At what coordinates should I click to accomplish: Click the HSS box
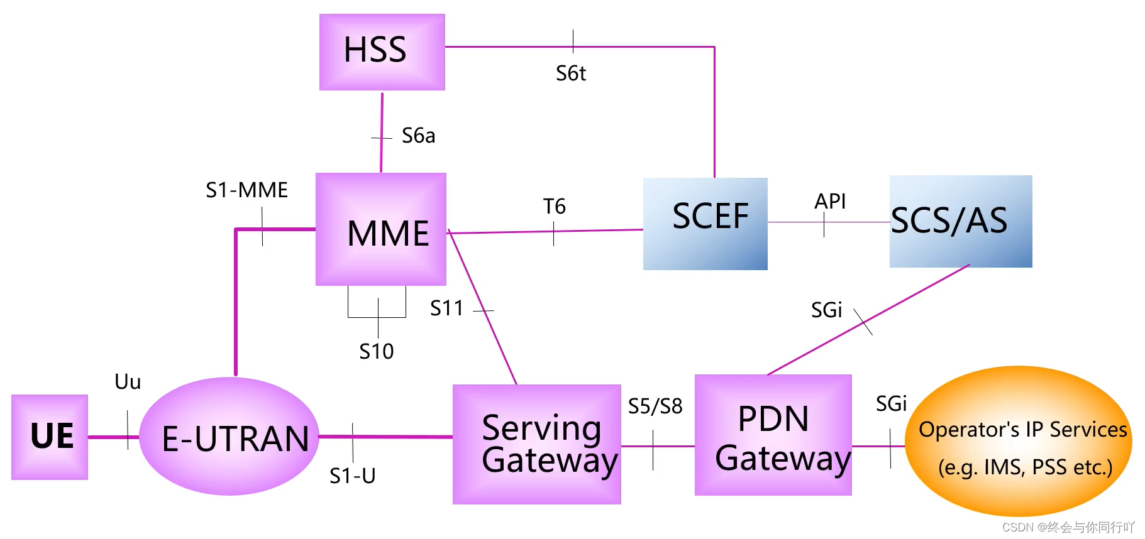382,52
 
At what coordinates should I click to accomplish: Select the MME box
381,229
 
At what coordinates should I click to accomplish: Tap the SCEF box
705,224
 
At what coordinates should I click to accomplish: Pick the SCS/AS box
960,221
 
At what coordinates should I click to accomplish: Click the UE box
50,437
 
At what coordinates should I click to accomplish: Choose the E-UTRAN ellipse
229,437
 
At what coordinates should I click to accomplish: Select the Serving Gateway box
536,444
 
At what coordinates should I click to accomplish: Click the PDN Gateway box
773,435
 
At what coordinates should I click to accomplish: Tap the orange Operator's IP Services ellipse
1018,441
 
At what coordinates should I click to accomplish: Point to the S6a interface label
418,136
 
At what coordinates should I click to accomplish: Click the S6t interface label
570,73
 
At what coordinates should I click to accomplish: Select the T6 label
554,206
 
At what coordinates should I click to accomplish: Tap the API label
830,201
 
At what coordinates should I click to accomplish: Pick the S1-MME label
246,190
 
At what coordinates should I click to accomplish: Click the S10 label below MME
376,351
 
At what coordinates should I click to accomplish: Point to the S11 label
446,308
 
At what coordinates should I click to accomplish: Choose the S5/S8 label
655,406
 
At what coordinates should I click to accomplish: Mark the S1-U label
352,476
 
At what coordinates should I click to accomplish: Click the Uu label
128,381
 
